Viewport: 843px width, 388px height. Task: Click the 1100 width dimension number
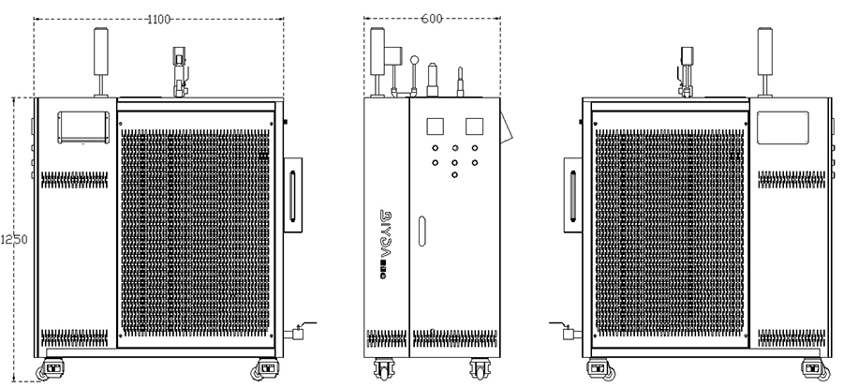pos(160,18)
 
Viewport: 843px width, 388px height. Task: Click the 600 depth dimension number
pos(432,18)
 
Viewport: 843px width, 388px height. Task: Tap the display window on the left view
pos(84,127)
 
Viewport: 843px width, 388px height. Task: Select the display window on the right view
pos(783,128)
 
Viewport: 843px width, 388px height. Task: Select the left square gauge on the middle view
pos(435,126)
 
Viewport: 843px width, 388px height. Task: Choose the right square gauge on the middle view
pos(474,126)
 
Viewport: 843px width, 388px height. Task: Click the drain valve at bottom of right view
pos(567,331)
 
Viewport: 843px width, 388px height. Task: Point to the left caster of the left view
pos(53,368)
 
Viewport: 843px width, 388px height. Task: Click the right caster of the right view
pos(814,368)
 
